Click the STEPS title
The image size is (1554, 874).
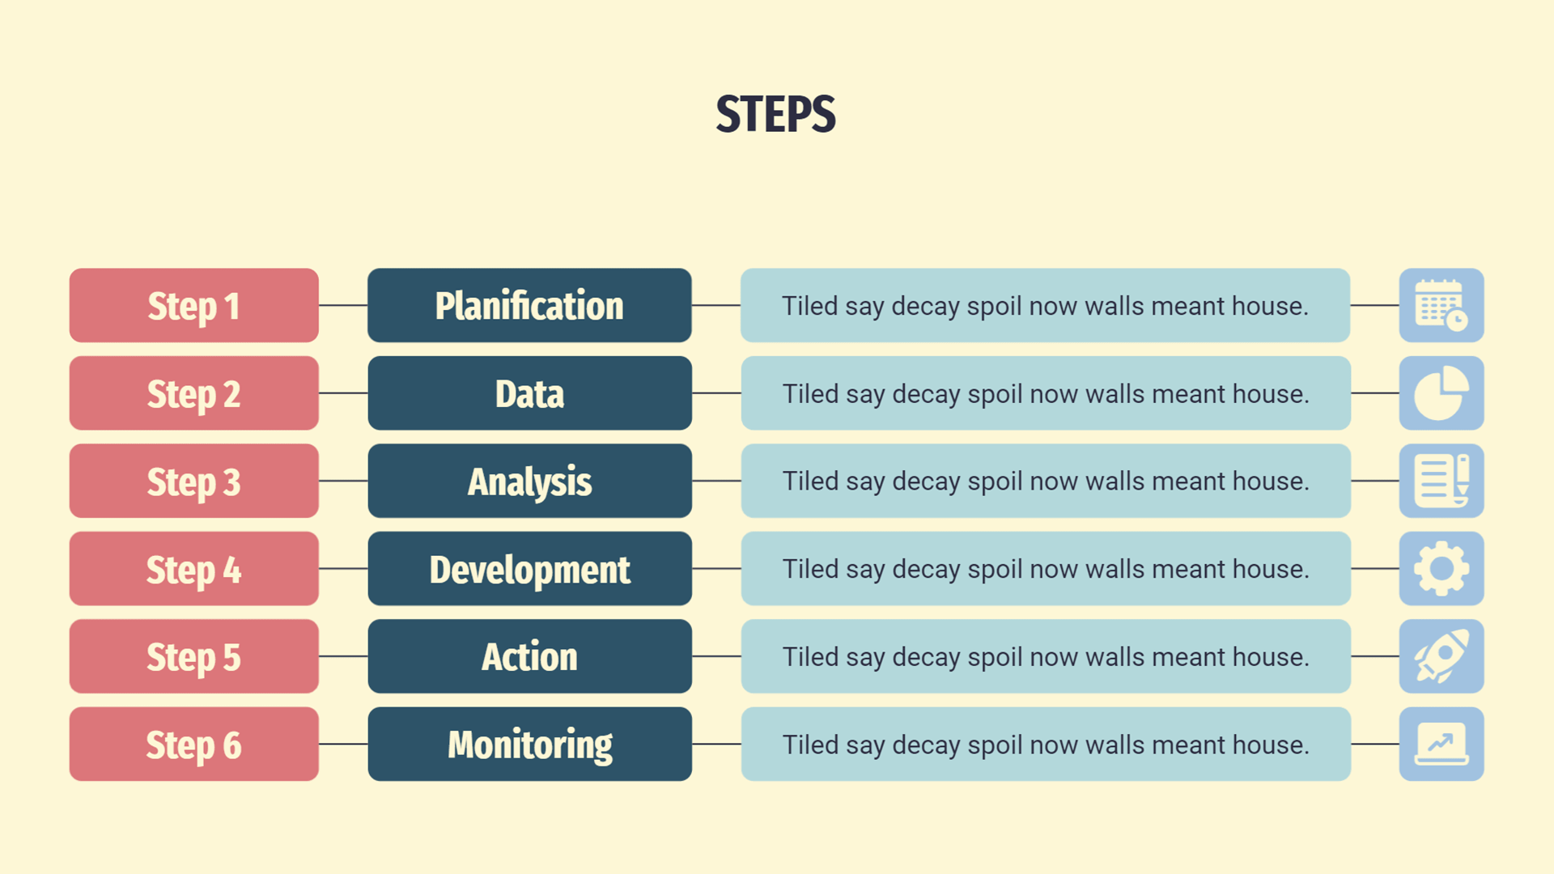775,114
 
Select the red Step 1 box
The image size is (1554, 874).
194,305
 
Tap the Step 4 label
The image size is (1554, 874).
194,570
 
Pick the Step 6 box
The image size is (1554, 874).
194,744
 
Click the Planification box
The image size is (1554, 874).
529,305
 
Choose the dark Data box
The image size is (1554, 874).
529,393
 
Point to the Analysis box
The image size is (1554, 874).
529,481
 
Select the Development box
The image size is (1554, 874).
529,568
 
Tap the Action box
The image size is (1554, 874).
529,656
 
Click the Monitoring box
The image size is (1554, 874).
529,744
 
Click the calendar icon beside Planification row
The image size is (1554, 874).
1441,305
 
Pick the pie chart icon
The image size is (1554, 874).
1441,393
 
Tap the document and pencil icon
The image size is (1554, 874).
1441,481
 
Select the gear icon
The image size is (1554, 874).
1441,568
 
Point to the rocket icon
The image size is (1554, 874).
1441,656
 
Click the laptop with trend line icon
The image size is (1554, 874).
1441,744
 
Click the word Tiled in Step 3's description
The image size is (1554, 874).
810,482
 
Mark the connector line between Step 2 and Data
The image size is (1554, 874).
343,393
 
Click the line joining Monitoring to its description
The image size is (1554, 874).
716,744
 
